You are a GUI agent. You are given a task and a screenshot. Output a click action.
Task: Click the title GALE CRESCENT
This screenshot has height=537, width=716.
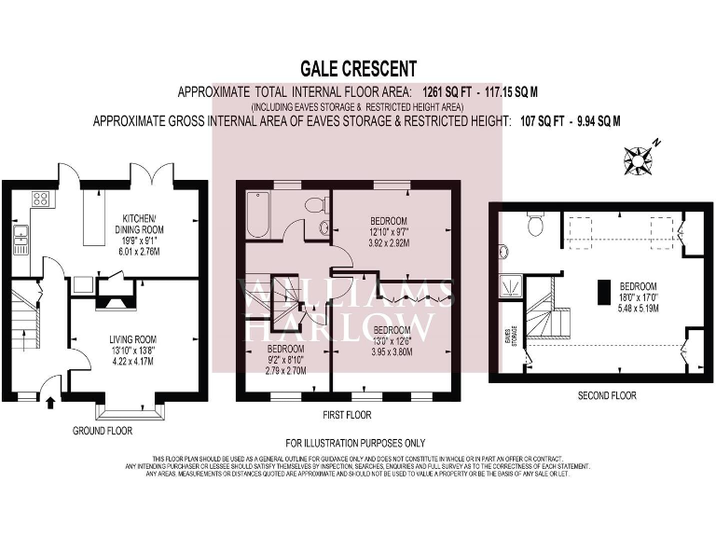pos(358,68)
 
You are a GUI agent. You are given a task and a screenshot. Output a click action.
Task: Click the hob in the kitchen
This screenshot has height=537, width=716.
pos(41,198)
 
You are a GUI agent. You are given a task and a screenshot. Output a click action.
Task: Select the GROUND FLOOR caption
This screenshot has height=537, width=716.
pos(103,431)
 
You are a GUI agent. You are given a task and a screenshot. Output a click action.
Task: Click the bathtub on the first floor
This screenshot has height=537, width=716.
pos(258,215)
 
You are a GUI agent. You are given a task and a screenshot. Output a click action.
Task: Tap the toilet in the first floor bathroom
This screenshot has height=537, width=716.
pos(314,204)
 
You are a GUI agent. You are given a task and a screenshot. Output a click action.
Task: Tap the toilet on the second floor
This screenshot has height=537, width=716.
pos(535,225)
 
